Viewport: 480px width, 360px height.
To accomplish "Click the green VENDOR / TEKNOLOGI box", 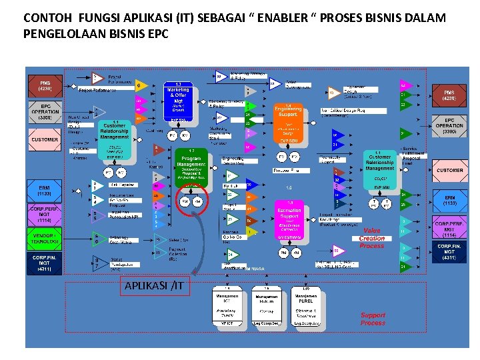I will pos(45,237).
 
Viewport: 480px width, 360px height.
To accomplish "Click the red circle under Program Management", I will pos(191,201).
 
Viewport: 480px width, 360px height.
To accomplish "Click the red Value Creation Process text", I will pos(372,238).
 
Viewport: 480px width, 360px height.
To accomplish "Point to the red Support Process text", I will pos(373,319).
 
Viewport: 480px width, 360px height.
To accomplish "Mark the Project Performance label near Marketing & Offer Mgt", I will pos(97,89).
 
